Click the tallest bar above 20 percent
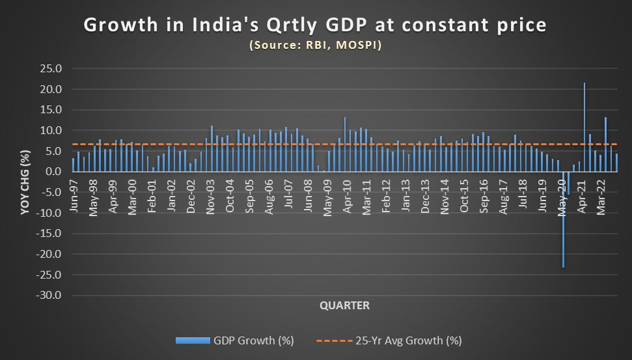(584, 127)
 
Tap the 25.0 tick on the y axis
(50, 68)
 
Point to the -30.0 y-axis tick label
(49, 295)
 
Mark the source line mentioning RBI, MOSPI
(316, 46)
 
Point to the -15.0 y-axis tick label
(49, 233)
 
